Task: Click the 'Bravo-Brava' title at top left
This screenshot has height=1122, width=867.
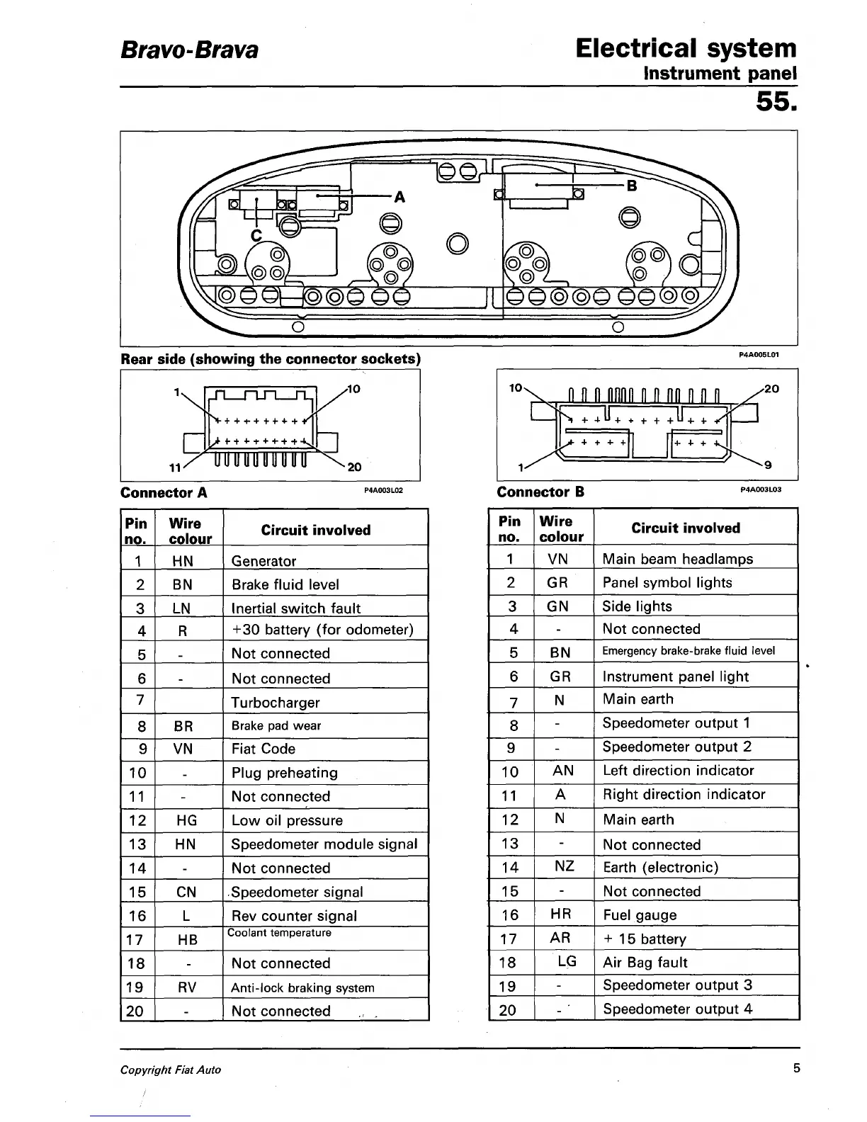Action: pos(189,50)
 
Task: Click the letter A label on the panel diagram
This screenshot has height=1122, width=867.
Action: pos(399,198)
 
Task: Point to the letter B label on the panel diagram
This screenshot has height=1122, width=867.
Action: pos(632,186)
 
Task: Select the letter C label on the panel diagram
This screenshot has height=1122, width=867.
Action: pos(256,234)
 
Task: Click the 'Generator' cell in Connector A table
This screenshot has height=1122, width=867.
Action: pos(263,561)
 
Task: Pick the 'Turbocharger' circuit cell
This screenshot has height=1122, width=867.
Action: pos(276,703)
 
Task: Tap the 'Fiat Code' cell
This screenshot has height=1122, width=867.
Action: pos(263,749)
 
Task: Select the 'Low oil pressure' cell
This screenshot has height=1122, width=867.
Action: pos(287,820)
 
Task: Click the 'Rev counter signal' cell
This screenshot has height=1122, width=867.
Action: pos(294,916)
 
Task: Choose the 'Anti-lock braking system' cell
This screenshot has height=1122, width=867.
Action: pos(302,987)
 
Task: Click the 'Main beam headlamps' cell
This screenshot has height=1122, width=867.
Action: pos(677,559)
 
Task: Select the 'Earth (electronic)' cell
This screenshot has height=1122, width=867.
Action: pos(660,868)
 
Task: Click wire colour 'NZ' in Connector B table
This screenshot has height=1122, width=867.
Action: pos(564,866)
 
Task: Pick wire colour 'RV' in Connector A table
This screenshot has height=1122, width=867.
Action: pos(186,987)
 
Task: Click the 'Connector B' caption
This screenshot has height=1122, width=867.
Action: pos(540,492)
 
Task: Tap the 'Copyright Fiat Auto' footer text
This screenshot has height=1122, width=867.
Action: pos(171,1070)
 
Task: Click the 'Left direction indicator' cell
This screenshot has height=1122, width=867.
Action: pos(678,771)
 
